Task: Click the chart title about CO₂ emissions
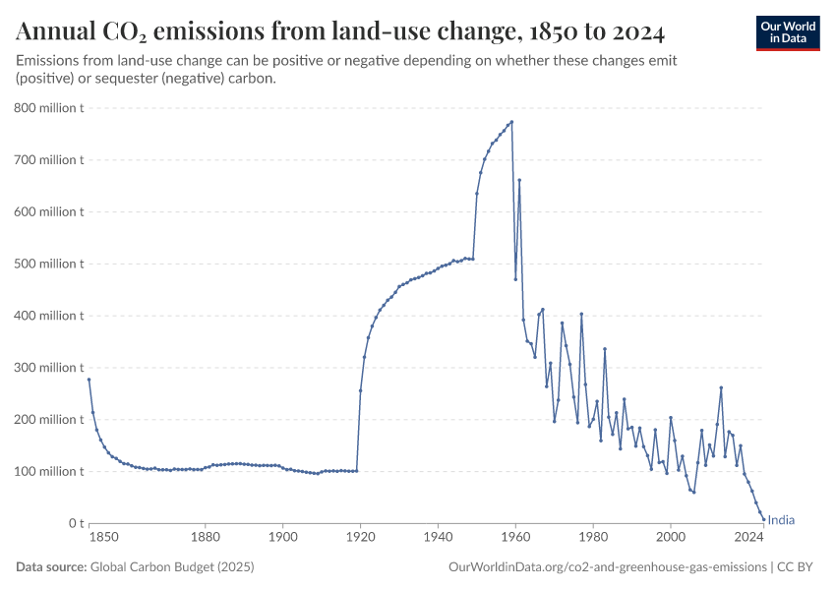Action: [x=340, y=32]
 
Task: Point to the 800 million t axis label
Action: [x=49, y=107]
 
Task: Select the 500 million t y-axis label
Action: [x=49, y=264]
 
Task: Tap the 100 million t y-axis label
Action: [x=49, y=471]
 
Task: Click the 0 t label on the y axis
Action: [x=74, y=523]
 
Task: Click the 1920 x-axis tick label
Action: [x=360, y=537]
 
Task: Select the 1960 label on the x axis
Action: [x=515, y=537]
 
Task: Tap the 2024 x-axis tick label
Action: [x=748, y=537]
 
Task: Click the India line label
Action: [x=781, y=521]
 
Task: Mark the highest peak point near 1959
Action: [x=511, y=122]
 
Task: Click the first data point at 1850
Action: [x=89, y=380]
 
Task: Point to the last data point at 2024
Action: [x=763, y=519]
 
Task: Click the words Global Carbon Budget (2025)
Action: [x=156, y=567]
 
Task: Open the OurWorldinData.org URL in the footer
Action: [x=607, y=567]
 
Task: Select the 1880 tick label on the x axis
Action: [x=205, y=537]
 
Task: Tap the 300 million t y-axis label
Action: [x=49, y=368]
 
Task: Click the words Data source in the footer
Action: [x=51, y=567]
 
